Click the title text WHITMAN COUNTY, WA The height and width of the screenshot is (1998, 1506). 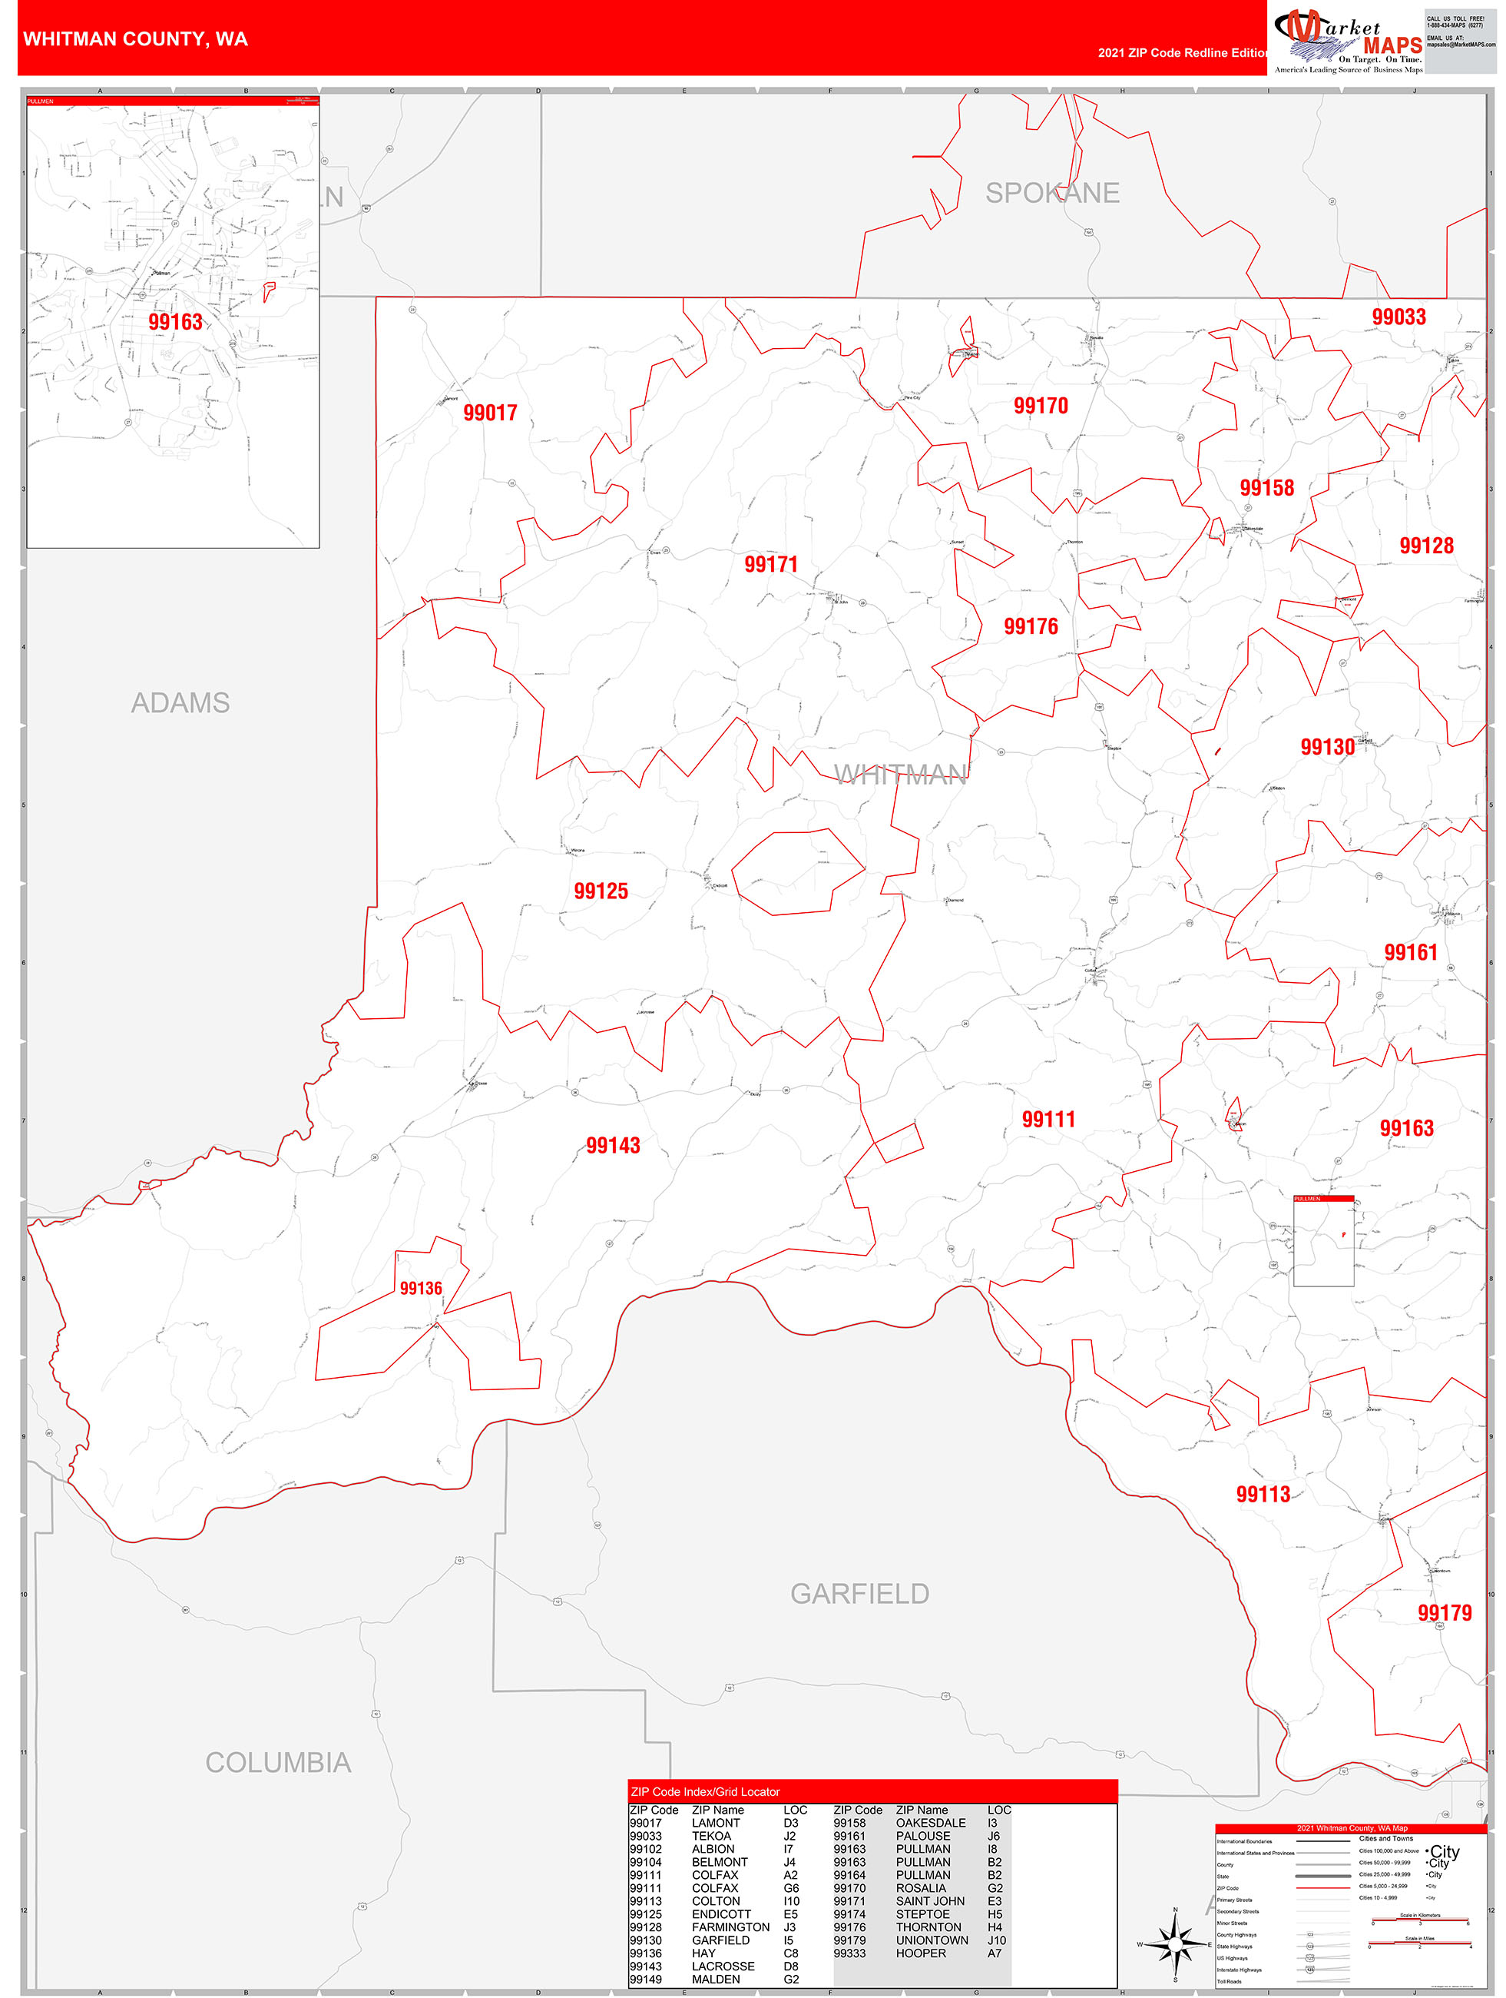tap(135, 39)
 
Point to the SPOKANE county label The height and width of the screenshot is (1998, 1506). tap(1052, 194)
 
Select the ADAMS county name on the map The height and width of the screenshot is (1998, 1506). tap(180, 702)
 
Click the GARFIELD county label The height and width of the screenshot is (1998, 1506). tap(859, 1593)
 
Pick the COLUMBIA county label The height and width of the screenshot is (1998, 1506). tap(278, 1762)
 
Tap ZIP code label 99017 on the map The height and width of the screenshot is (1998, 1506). tap(490, 413)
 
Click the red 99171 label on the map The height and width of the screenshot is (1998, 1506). tap(771, 565)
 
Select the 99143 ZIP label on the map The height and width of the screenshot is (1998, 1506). tap(613, 1145)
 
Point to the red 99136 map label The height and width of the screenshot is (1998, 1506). tap(421, 1288)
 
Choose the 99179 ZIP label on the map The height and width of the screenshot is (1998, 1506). tap(1445, 1612)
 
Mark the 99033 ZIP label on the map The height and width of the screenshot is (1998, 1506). tap(1398, 317)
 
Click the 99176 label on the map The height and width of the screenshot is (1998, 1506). tap(1031, 627)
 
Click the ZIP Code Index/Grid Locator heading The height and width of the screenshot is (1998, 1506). tap(705, 1791)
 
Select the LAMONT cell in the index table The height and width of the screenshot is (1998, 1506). tap(716, 1823)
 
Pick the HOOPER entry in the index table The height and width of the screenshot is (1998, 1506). tap(921, 1953)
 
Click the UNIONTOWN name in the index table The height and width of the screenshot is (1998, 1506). tap(932, 1940)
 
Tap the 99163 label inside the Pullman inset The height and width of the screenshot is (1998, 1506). tap(175, 323)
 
